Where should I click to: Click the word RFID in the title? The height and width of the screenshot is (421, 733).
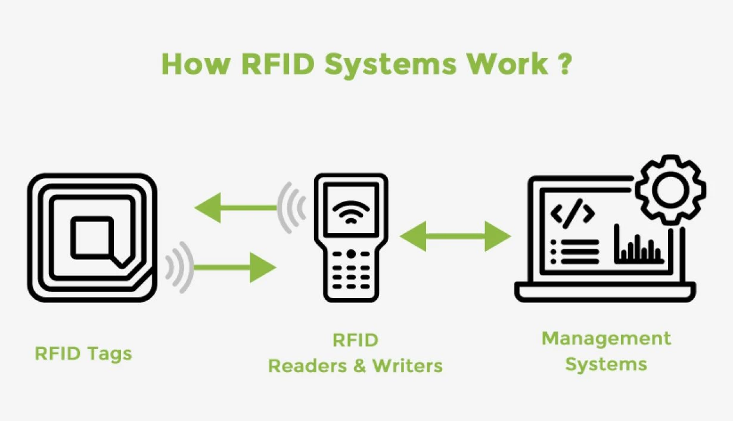274,64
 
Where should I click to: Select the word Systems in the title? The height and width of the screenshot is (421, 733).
394,64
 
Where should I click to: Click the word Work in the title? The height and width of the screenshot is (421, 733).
508,64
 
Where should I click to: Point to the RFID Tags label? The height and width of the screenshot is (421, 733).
83,353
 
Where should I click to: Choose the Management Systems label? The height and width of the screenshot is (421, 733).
606,351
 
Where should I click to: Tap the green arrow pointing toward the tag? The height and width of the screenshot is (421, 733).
235,208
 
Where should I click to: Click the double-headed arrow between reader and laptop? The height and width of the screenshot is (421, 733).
455,236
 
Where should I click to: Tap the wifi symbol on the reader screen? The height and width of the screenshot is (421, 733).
350,210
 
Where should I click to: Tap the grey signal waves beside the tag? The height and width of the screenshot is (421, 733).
179,267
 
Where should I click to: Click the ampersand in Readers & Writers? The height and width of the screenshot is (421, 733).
359,366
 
